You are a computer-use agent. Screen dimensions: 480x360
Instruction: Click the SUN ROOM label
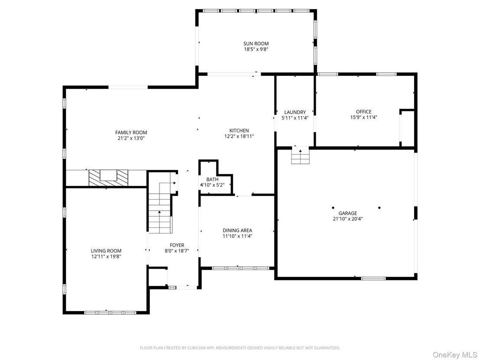pyautogui.click(x=256, y=44)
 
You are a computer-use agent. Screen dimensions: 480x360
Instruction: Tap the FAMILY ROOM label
pyautogui.click(x=131, y=133)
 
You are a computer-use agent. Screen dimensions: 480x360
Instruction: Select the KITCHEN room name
pyautogui.click(x=239, y=131)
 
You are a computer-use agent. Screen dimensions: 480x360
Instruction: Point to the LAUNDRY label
pyautogui.click(x=295, y=112)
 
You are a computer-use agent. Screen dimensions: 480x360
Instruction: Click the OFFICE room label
pyautogui.click(x=363, y=112)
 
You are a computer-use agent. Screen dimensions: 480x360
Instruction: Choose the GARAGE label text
pyautogui.click(x=348, y=214)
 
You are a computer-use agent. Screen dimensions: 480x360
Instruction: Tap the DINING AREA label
pyautogui.click(x=237, y=230)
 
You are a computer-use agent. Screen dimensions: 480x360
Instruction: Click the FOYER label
pyautogui.click(x=177, y=245)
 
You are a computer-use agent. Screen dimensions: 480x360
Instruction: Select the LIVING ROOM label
pyautogui.click(x=106, y=251)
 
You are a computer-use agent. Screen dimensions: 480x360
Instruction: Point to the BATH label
pyautogui.click(x=212, y=179)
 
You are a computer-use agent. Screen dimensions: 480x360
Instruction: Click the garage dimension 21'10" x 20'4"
pyautogui.click(x=348, y=219)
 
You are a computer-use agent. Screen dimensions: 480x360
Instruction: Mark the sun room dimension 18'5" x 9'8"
pyautogui.click(x=256, y=49)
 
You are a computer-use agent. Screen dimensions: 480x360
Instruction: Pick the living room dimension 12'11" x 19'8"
pyautogui.click(x=106, y=256)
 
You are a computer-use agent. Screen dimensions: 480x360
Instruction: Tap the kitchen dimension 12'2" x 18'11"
pyautogui.click(x=239, y=136)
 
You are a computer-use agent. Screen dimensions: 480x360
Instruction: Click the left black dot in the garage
pyautogui.click(x=333, y=208)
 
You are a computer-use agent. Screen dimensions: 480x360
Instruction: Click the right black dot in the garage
pyautogui.click(x=379, y=208)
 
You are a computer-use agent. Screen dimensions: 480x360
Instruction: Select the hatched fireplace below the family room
pyautogui.click(x=108, y=178)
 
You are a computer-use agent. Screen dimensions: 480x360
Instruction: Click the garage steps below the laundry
pyautogui.click(x=300, y=156)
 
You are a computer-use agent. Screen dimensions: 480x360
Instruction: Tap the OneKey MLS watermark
pyautogui.click(x=455, y=355)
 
